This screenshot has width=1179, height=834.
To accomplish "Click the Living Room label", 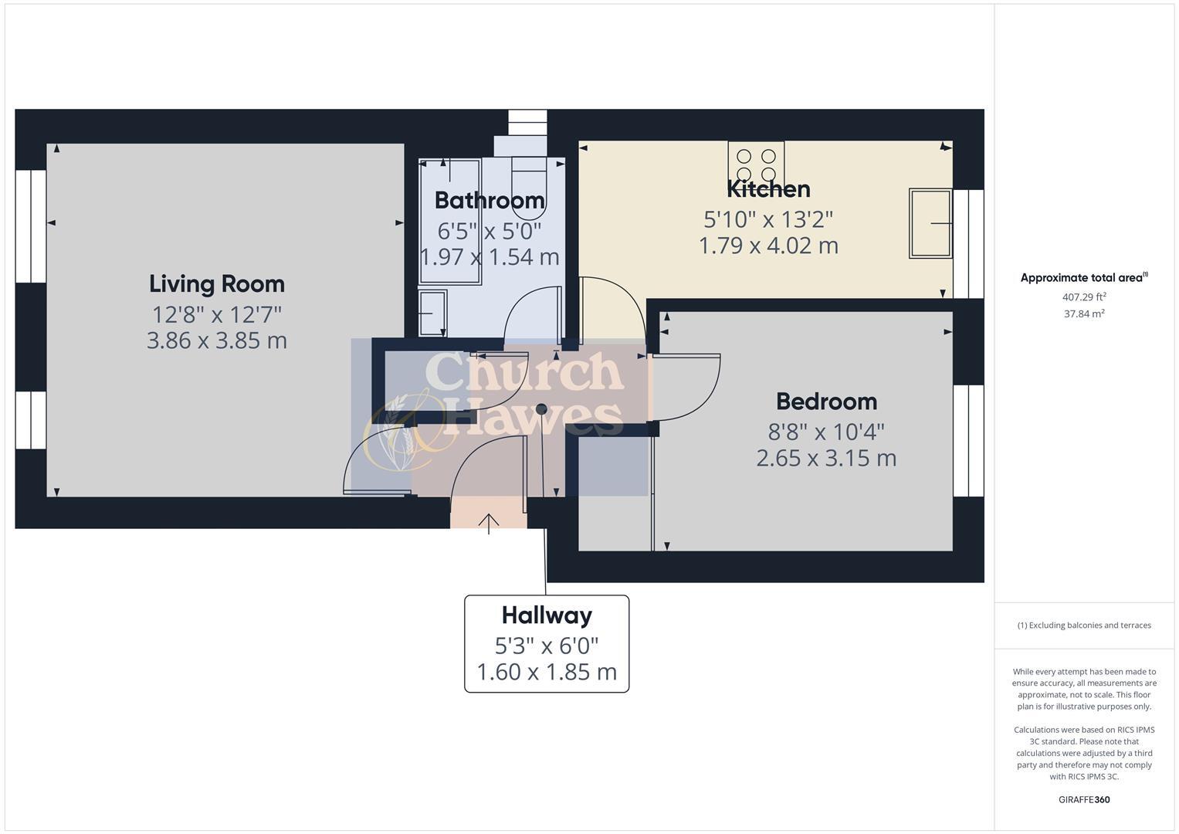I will pos(217,284).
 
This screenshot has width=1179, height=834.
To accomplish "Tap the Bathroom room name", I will pos(490,200).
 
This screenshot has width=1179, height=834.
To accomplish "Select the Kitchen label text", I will pos(768,189).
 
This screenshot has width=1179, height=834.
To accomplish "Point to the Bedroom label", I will pos(826,402).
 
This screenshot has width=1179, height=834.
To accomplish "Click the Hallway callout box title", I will pos(547,615).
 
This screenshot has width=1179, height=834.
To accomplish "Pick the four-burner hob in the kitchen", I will pos(756,165).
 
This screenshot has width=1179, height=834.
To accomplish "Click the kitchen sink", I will pos(930,223).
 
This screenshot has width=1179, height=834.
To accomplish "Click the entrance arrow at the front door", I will pos(489,523).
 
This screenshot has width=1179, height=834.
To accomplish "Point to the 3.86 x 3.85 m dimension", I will pos(217,341).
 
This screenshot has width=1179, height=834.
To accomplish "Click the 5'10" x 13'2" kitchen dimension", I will pos(768,220).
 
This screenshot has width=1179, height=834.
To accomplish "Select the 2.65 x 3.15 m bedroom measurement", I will pos(826,459).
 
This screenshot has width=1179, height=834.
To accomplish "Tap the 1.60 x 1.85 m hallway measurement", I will pos(547,673).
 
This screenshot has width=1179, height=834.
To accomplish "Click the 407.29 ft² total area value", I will pos(1083,297).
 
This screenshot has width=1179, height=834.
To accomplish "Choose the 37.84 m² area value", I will pos(1083,314).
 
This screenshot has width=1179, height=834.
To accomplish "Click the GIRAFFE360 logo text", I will pos(1083,800).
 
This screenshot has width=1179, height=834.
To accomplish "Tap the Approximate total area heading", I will pos(1083,278).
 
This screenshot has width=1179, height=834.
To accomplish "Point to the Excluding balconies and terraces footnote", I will pos(1083,625).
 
